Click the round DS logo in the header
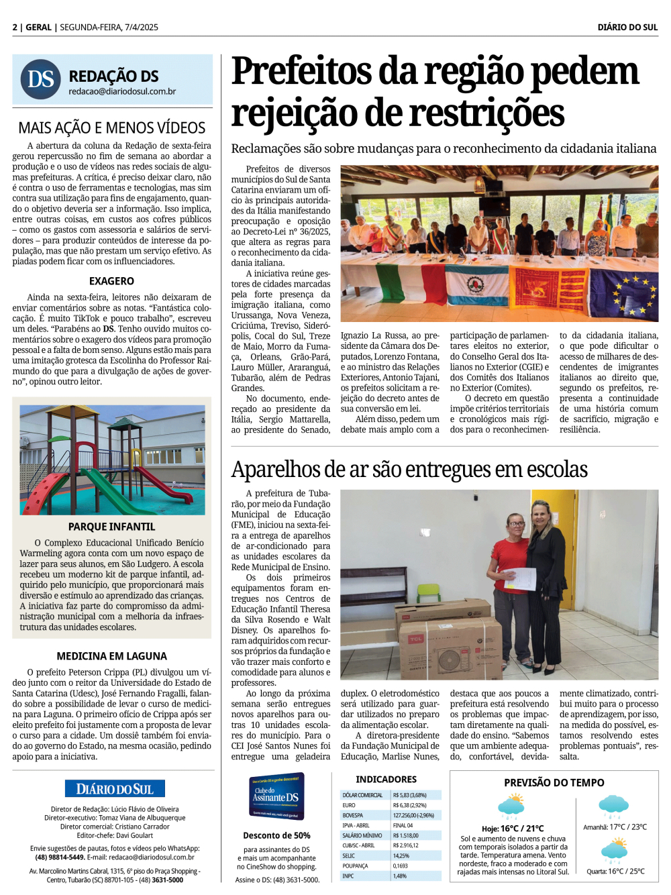[x=41, y=79]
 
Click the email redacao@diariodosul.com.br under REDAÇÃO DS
[x=122, y=92]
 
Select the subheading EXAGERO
[x=111, y=281]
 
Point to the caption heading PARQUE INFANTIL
[x=111, y=527]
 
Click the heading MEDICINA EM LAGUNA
[x=111, y=656]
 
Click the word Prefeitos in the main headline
[x=301, y=71]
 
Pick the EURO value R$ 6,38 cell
[x=410, y=805]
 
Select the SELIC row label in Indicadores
[x=350, y=856]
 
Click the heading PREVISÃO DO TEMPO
[x=554, y=783]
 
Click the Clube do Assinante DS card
[x=276, y=796]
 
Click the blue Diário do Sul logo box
[x=115, y=789]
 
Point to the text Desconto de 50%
[x=276, y=836]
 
